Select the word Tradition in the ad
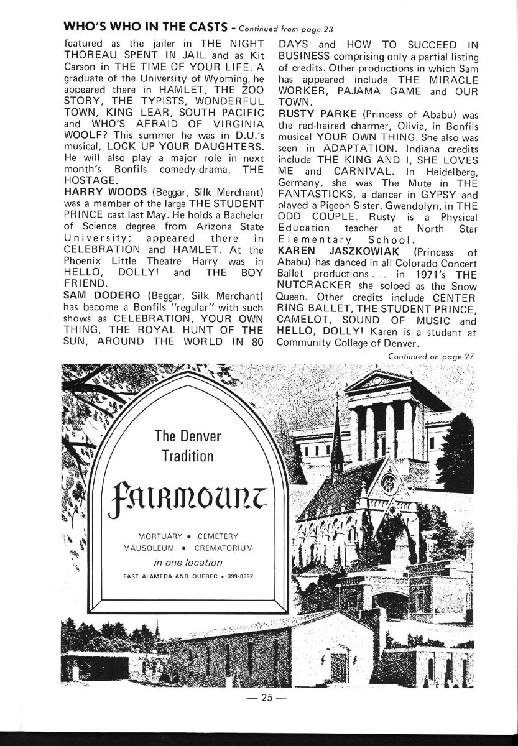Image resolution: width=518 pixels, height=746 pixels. (187, 455)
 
